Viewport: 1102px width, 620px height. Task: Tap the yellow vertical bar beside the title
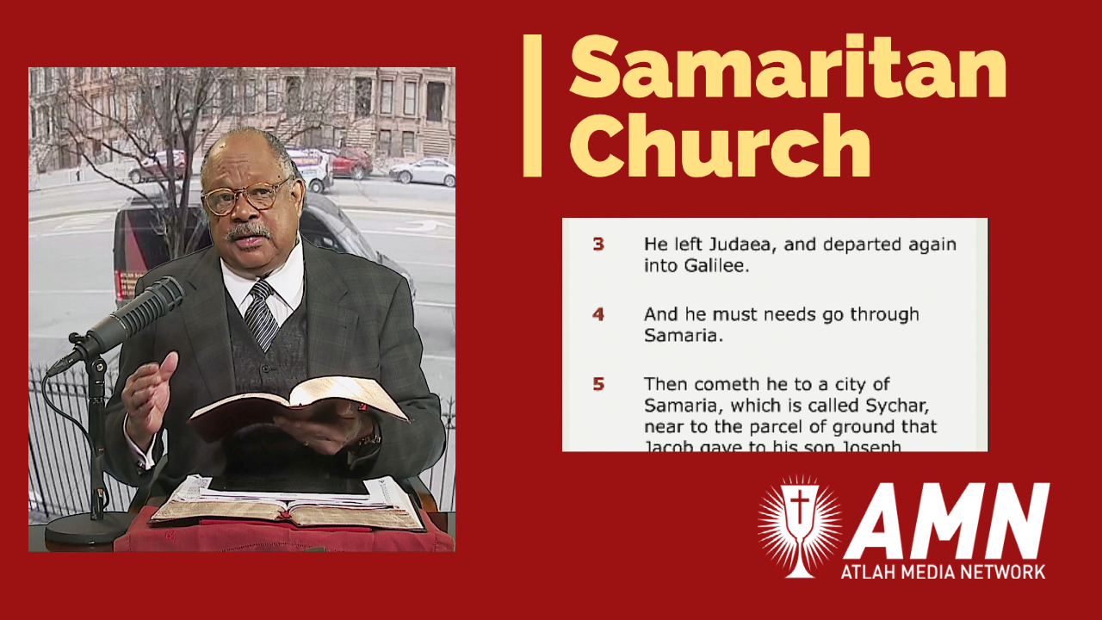(x=532, y=106)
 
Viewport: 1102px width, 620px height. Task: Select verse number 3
(x=597, y=244)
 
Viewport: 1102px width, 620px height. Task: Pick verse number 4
(x=597, y=314)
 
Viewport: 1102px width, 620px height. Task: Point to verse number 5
(x=597, y=384)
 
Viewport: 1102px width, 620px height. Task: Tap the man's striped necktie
(x=261, y=313)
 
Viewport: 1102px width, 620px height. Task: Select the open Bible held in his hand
(x=298, y=405)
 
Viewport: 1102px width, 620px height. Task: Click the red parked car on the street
(x=349, y=161)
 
